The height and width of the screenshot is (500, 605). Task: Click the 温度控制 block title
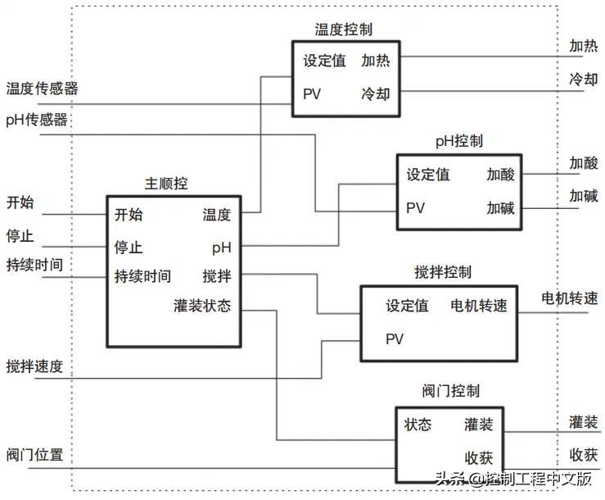(344, 30)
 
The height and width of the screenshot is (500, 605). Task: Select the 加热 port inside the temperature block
(376, 61)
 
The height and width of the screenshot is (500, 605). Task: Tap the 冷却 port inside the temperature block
(376, 93)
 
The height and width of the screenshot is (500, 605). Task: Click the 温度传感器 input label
(42, 89)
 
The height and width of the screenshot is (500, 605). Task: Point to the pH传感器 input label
(37, 120)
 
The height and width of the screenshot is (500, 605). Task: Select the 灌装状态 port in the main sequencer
(202, 306)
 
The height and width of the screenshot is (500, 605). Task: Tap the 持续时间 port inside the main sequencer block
(142, 275)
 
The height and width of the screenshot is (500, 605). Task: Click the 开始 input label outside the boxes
(20, 202)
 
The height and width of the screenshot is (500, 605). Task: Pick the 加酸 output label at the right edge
(584, 163)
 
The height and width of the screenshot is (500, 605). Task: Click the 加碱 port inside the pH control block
(500, 207)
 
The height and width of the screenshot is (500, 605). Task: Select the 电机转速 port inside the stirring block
(479, 307)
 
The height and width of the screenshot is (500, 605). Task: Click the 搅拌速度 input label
(34, 366)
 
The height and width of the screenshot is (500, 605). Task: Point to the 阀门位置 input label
(34, 455)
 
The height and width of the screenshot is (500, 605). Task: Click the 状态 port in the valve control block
(418, 425)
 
